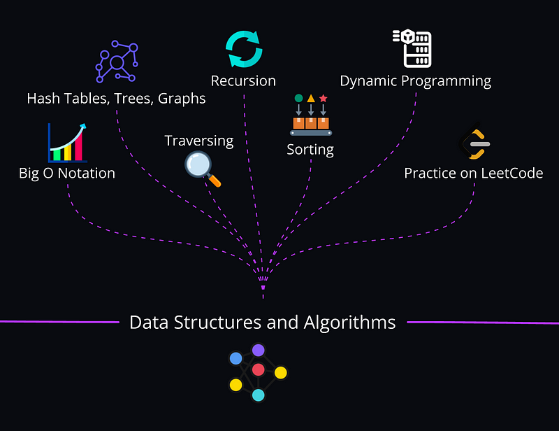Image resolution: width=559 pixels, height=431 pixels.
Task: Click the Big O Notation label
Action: tap(67, 173)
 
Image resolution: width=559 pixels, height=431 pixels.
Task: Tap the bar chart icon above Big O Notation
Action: tap(67, 143)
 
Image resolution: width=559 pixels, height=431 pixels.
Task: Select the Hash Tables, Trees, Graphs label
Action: tap(116, 98)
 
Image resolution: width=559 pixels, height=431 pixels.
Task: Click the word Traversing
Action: tap(198, 141)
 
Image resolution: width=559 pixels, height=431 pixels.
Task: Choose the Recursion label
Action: tap(243, 81)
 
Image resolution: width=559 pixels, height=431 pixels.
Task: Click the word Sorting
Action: tap(310, 149)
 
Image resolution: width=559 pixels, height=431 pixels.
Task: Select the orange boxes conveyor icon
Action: tap(311, 123)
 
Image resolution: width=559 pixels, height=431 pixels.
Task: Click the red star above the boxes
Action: tap(323, 99)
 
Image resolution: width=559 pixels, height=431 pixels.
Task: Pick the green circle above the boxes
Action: tap(298, 99)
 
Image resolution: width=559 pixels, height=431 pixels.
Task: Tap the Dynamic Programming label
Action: tap(415, 81)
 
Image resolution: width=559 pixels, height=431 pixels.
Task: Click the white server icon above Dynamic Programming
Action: tap(412, 48)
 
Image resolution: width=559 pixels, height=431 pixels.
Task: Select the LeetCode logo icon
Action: tap(474, 143)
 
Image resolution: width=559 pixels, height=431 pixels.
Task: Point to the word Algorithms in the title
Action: tap(349, 323)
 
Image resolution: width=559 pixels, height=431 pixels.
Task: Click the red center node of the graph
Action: tap(258, 369)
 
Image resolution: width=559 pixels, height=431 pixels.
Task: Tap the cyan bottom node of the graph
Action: tap(258, 395)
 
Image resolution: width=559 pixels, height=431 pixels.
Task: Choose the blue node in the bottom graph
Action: tap(236, 358)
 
